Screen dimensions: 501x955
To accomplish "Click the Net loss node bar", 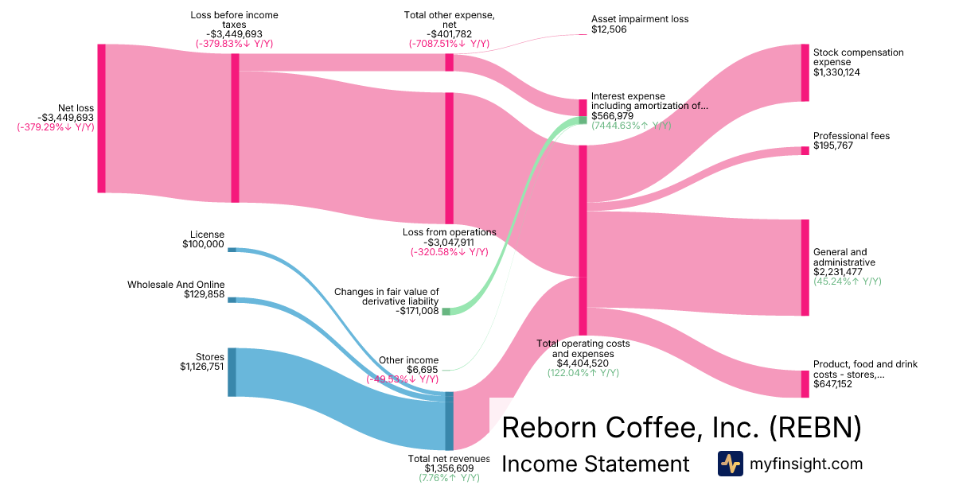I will pyautogui.click(x=101, y=118).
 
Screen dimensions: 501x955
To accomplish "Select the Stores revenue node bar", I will pyautogui.click(x=232, y=372).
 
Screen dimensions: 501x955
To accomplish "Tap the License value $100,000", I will pyautogui.click(x=203, y=244).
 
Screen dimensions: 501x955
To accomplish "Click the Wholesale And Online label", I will pyautogui.click(x=176, y=285).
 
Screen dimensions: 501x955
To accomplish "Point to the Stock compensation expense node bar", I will pyautogui.click(x=805, y=72).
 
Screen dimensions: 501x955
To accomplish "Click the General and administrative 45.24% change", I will pyautogui.click(x=847, y=282).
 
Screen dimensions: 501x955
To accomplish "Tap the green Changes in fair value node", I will pyautogui.click(x=446, y=311).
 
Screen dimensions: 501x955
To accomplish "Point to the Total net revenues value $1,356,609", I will pyautogui.click(x=449, y=468).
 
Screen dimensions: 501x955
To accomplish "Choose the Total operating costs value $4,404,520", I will pyautogui.click(x=583, y=363).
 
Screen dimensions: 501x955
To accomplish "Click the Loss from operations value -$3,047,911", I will pyautogui.click(x=449, y=242).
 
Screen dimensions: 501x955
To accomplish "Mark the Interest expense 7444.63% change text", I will pyautogui.click(x=630, y=126).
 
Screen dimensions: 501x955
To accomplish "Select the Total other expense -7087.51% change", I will pyautogui.click(x=449, y=44).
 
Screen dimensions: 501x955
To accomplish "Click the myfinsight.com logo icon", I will pyautogui.click(x=730, y=464).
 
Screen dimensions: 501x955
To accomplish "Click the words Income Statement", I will pyautogui.click(x=595, y=464).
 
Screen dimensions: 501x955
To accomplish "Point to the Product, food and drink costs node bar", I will pyautogui.click(x=805, y=384).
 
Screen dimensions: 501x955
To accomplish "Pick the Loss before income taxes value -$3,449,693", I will pyautogui.click(x=234, y=34).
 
